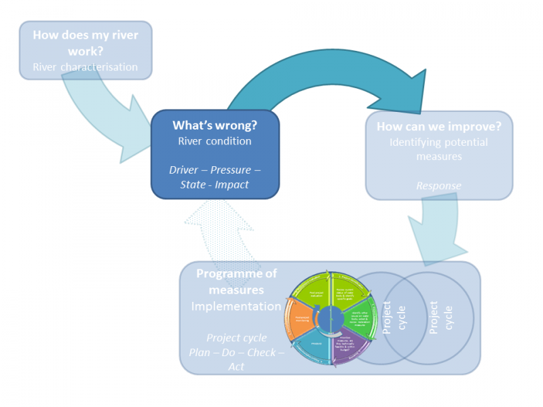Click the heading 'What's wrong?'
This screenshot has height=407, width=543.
point(214,125)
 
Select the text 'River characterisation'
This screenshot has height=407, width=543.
point(85,67)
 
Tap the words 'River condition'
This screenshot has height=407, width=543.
point(214,141)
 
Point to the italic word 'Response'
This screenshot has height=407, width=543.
point(438,185)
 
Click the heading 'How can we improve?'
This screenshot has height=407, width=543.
point(438,127)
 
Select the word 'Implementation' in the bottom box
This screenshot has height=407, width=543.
point(236,306)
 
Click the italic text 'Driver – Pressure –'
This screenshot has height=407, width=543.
point(214,170)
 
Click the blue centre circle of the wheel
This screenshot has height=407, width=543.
point(331,317)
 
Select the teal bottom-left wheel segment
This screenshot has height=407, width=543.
point(314,345)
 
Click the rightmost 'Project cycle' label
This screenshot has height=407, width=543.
point(441,317)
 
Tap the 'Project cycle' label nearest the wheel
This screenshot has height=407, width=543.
point(394,317)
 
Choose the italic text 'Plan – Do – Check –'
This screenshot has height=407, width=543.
point(236,352)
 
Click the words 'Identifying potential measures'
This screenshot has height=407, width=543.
point(438,149)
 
